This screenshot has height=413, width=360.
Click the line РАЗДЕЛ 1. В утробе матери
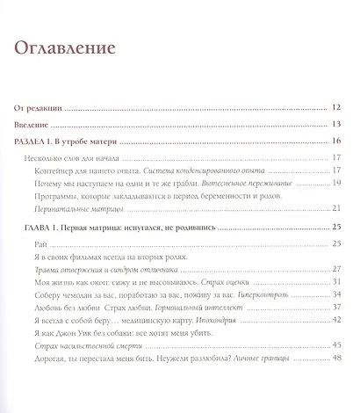pyautogui.click(x=70, y=141)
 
